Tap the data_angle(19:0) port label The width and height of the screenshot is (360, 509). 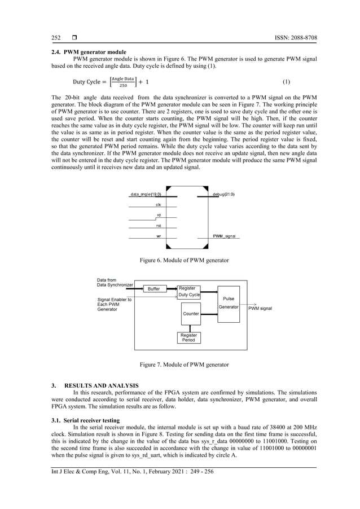[146, 194]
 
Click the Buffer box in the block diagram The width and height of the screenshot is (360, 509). [153, 289]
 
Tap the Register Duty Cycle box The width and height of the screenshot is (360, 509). [189, 292]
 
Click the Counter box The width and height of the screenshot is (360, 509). [191, 313]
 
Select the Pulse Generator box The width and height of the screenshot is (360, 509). [229, 303]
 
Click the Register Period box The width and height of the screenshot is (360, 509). [188, 337]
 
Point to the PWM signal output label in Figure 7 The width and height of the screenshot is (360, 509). [260, 309]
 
